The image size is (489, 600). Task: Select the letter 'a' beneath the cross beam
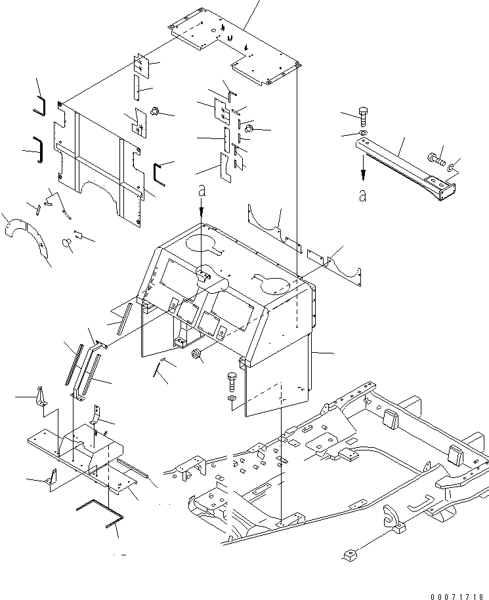tap(363, 195)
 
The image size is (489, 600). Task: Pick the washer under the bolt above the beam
tap(364, 134)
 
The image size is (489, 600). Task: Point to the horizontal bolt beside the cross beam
tap(436, 157)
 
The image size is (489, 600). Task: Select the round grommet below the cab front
tap(195, 355)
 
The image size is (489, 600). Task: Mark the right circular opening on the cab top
tap(274, 285)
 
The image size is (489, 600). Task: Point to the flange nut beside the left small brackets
tap(156, 111)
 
